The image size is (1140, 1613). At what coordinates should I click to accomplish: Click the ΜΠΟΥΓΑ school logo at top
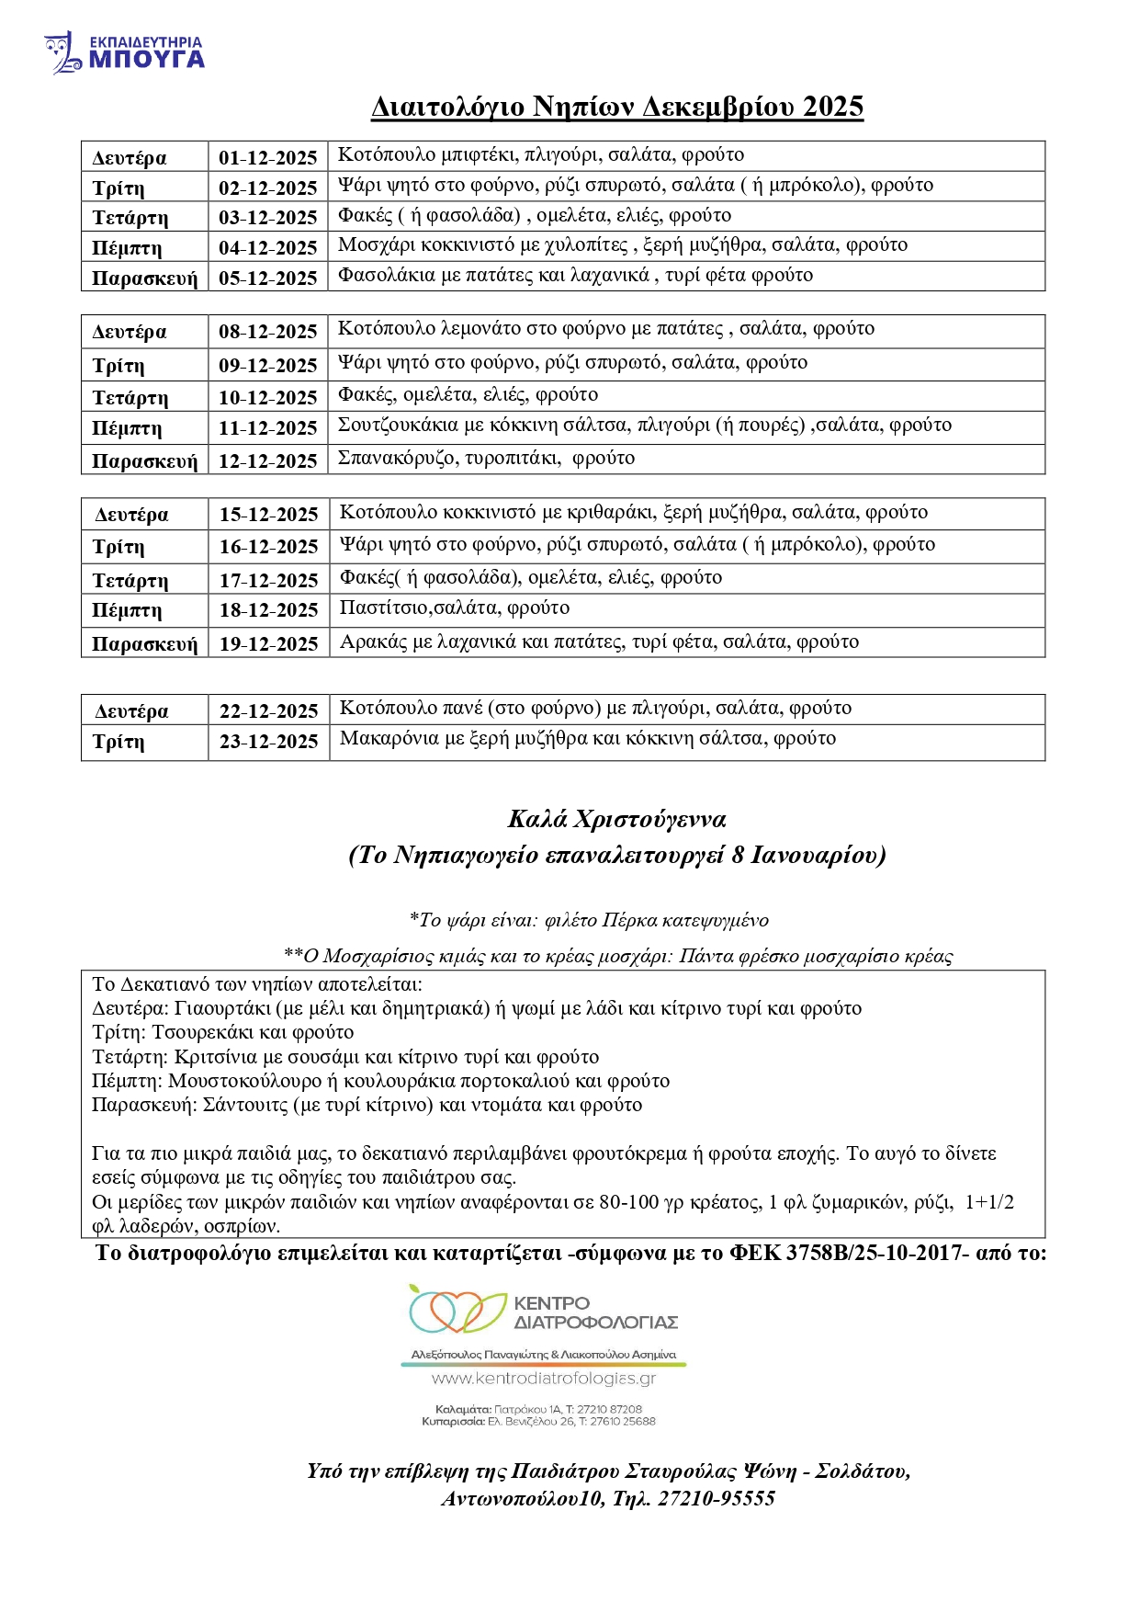(x=124, y=53)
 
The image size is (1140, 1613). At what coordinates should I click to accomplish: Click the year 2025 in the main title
(x=832, y=108)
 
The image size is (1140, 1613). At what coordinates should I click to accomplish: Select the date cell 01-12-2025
(x=267, y=158)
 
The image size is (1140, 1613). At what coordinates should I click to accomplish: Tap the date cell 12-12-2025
(x=267, y=461)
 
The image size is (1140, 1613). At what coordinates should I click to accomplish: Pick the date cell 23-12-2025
(x=268, y=742)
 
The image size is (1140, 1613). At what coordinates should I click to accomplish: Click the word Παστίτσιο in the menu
(x=385, y=608)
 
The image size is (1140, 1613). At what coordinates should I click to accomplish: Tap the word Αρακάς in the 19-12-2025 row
(x=373, y=642)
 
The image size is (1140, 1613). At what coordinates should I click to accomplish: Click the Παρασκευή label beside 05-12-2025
(x=144, y=278)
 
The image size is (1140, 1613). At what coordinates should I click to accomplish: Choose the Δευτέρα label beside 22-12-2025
(x=131, y=711)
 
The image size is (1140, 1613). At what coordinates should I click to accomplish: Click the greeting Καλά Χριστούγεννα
(x=616, y=819)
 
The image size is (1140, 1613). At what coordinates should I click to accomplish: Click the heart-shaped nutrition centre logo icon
(x=457, y=1311)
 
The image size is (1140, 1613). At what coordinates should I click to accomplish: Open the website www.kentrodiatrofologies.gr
(x=543, y=1379)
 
